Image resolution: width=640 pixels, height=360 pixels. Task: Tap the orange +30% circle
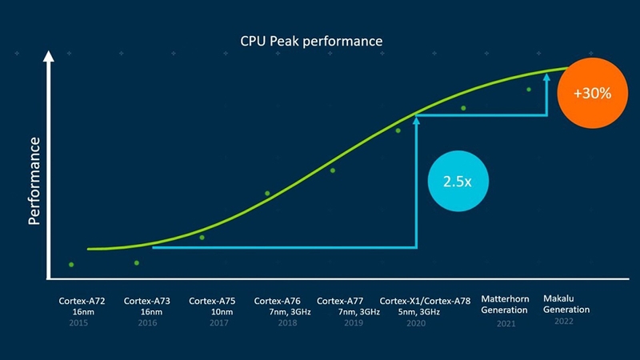(593, 93)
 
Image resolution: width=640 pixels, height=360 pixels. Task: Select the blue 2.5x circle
(457, 181)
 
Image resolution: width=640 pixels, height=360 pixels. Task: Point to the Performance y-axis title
(34, 181)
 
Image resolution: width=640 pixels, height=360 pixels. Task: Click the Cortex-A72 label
(79, 301)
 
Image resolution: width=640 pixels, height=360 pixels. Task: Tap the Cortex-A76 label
(277, 301)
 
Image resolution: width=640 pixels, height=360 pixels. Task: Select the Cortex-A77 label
(340, 301)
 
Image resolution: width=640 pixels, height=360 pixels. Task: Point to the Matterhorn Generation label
(505, 305)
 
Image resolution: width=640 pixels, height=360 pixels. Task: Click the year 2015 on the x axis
(79, 323)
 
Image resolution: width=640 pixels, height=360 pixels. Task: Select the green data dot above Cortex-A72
(71, 264)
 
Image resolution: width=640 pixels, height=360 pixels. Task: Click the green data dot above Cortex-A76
(267, 193)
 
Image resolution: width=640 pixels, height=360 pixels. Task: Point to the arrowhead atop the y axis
(50, 58)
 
